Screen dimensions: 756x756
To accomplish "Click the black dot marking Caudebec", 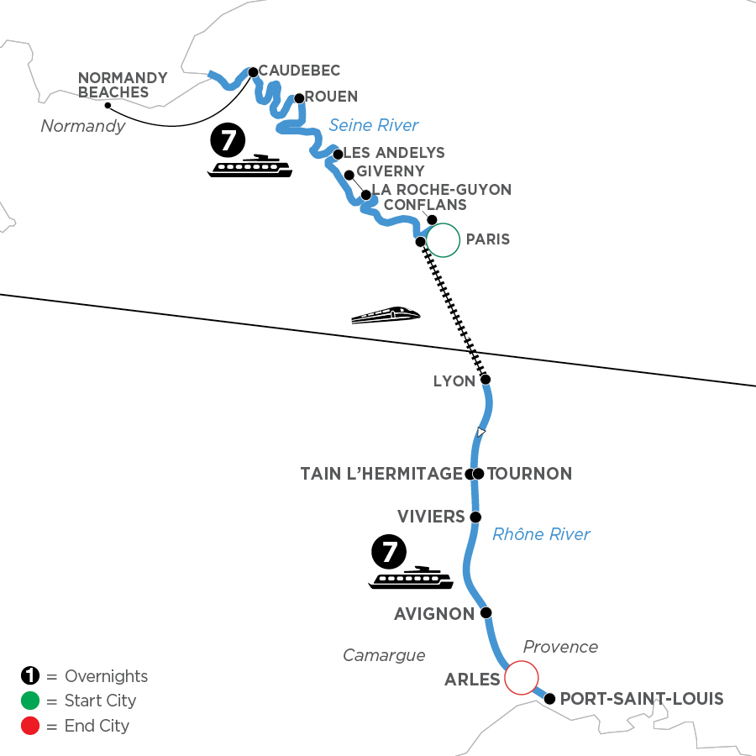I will (x=253, y=72).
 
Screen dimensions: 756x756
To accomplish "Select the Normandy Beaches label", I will (x=123, y=85).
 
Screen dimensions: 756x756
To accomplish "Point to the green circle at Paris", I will (x=443, y=239).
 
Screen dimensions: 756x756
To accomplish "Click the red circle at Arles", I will (x=520, y=677).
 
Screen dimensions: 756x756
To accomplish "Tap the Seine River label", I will (x=373, y=125).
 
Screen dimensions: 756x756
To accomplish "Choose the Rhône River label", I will (x=541, y=533).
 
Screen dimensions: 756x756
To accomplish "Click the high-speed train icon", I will (x=385, y=315).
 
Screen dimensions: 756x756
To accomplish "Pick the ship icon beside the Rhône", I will (x=412, y=578).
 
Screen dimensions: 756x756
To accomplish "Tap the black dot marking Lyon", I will (x=485, y=380).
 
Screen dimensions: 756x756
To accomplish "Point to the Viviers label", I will (x=431, y=517).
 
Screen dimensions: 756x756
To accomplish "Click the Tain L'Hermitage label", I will (x=381, y=474).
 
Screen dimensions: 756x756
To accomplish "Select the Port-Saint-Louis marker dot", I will (x=549, y=698).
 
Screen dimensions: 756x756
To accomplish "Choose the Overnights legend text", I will (x=106, y=676).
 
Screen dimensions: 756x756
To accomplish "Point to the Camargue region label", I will (x=384, y=654).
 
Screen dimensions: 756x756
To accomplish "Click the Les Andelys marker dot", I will (x=337, y=154).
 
